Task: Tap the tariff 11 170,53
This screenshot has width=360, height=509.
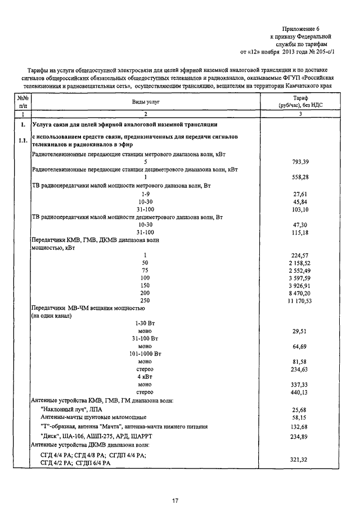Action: [299, 301]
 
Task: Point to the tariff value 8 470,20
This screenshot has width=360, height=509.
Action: [299, 293]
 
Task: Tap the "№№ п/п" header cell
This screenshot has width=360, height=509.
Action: [22, 101]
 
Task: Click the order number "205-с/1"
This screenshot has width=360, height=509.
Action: [323, 51]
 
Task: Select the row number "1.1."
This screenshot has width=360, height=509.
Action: [22, 140]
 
